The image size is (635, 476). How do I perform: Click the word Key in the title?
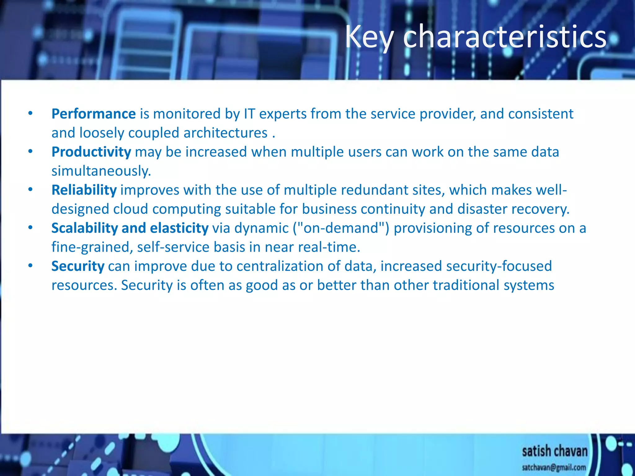[369, 37]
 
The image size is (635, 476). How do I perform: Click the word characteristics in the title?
[505, 37]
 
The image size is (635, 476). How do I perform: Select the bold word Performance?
[93, 114]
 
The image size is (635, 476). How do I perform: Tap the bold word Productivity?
[91, 152]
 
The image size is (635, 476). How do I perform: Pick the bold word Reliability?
[84, 190]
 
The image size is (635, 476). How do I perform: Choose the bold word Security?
[78, 266]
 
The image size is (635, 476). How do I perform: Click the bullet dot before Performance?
[30, 113]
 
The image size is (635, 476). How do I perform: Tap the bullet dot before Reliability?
[30, 189]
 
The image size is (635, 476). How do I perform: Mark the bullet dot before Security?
[30, 266]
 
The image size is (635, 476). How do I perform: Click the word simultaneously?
[101, 171]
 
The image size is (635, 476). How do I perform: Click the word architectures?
[225, 133]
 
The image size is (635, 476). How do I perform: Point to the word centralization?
[286, 266]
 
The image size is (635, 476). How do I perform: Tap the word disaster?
[482, 209]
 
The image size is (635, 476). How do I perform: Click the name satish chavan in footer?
[554, 451]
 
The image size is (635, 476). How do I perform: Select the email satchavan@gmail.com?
[554, 467]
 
